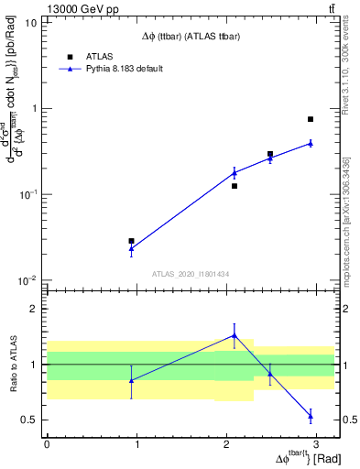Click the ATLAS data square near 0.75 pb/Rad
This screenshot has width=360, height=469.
[311, 119]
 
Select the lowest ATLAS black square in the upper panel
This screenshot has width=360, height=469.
[132, 241]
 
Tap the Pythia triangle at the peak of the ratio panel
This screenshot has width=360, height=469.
[235, 335]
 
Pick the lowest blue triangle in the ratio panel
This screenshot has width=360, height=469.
[311, 416]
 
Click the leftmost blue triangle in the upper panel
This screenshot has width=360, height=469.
[132, 248]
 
